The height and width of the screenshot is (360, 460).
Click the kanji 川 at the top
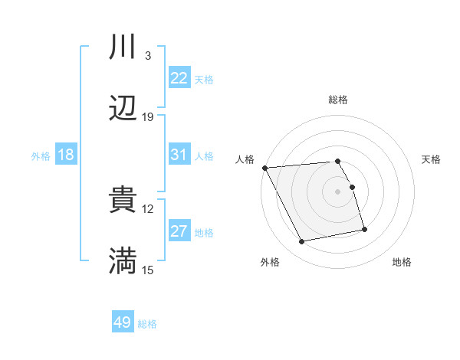click(123, 47)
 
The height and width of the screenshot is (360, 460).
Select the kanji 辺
click(123, 108)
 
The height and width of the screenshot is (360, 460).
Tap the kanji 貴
click(123, 200)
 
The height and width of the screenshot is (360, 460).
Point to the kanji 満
click(123, 260)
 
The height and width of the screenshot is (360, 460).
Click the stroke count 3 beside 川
click(148, 56)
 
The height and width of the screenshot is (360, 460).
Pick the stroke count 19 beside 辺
click(148, 116)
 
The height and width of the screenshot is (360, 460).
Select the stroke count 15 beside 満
click(148, 270)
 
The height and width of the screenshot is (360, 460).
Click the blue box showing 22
click(179, 78)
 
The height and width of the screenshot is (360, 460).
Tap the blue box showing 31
click(179, 155)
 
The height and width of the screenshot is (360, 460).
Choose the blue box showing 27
click(179, 231)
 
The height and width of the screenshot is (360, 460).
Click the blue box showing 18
click(66, 155)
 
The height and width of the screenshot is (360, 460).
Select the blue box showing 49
click(123, 322)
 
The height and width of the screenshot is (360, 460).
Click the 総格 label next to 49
click(148, 324)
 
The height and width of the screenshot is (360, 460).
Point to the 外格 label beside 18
click(41, 156)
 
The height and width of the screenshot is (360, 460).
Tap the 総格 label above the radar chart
click(338, 100)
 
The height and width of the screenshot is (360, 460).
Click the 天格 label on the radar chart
click(432, 159)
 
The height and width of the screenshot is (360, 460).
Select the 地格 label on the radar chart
click(402, 263)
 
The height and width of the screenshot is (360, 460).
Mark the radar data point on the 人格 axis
click(264, 168)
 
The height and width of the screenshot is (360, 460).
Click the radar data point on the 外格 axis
click(302, 242)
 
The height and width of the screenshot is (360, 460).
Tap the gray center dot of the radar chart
click(338, 191)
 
